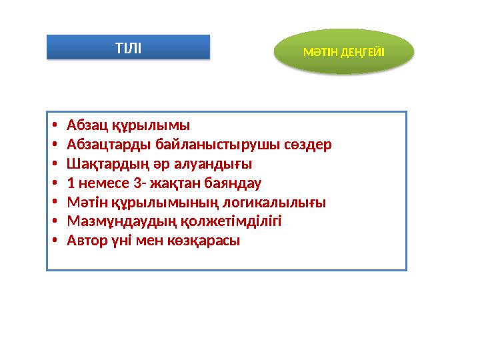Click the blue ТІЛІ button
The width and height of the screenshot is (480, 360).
(x=128, y=47)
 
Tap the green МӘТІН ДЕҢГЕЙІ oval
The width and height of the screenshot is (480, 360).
(x=344, y=51)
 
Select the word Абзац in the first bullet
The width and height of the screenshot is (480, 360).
(x=84, y=125)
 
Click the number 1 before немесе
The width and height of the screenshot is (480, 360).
(x=71, y=183)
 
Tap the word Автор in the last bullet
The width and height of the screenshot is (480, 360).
(x=85, y=241)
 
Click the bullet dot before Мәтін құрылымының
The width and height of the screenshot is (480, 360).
(x=55, y=203)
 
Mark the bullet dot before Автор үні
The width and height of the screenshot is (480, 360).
(x=55, y=241)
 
